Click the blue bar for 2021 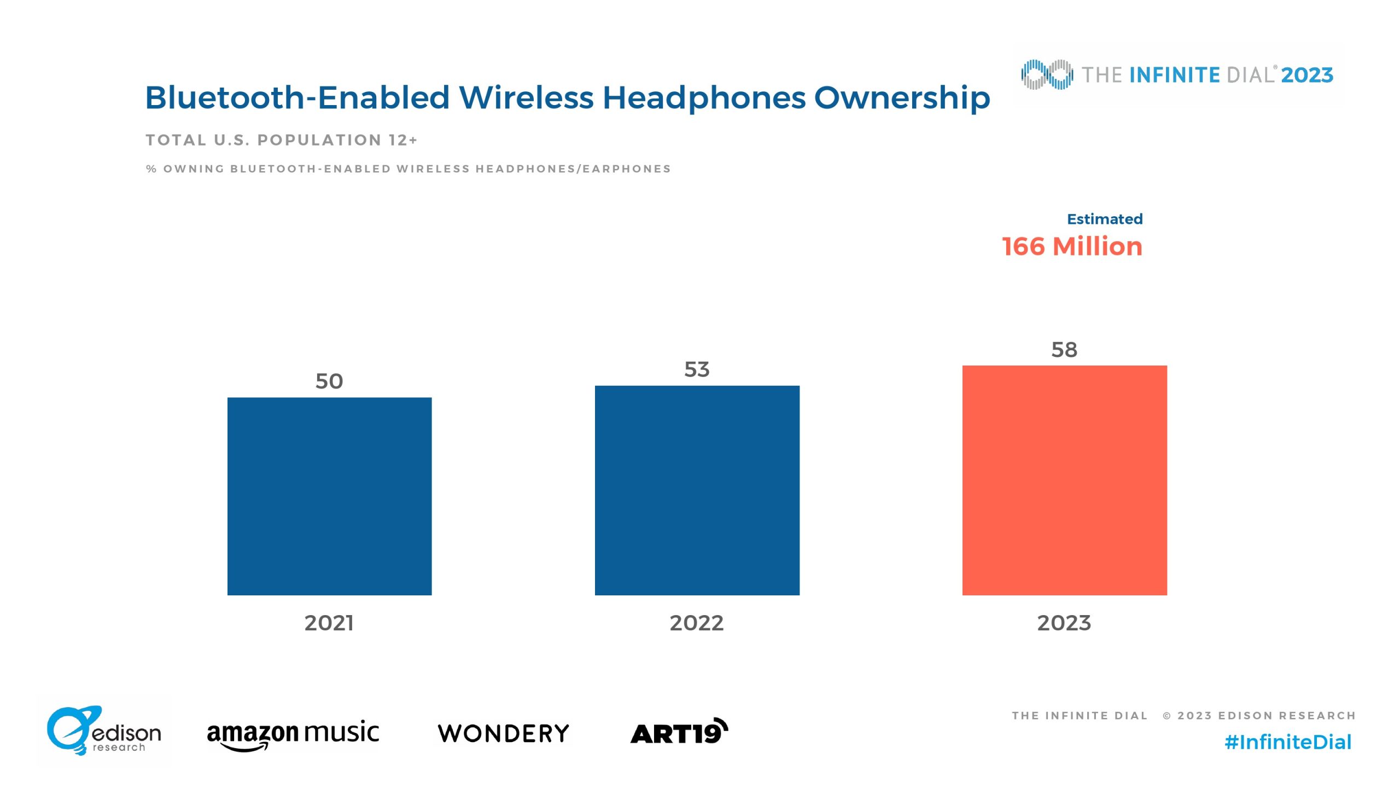(x=329, y=496)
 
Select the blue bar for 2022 (x=697, y=490)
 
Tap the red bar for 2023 (x=1064, y=480)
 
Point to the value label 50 (x=329, y=381)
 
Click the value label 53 (x=697, y=369)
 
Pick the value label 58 (x=1064, y=350)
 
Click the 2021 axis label (x=329, y=623)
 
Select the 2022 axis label (x=697, y=623)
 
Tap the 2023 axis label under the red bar (x=1064, y=623)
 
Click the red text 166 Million (x=1072, y=247)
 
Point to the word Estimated (x=1105, y=219)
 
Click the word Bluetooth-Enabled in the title (x=297, y=98)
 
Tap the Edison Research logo (x=104, y=731)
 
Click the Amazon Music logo (x=293, y=734)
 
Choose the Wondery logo (x=503, y=733)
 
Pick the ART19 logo (x=679, y=732)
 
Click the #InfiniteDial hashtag (x=1288, y=743)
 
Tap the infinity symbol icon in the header (x=1047, y=74)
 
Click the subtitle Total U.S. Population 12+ (x=282, y=141)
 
